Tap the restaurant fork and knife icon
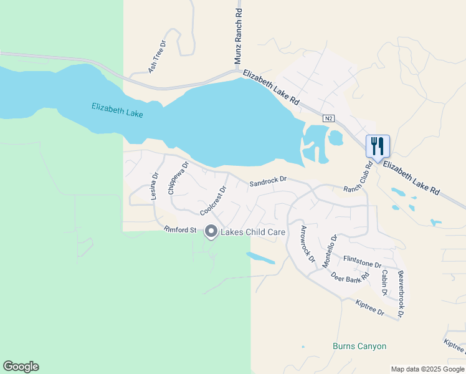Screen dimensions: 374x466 point(378,146)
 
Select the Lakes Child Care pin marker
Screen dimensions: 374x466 point(211,232)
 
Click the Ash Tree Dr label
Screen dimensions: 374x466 point(158,57)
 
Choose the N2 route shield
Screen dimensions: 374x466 point(328,118)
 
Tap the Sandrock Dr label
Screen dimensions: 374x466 point(268,181)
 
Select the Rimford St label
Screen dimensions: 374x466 point(180,229)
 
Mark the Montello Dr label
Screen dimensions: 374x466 point(330,251)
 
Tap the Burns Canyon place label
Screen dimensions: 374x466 point(359,346)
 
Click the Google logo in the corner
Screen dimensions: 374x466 point(21,367)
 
